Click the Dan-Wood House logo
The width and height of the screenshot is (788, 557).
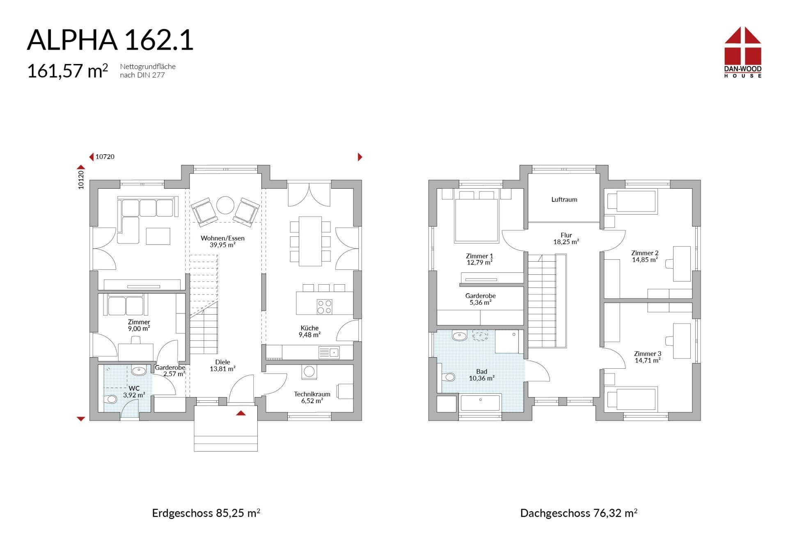(x=742, y=52)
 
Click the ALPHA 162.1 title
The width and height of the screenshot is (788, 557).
(x=110, y=40)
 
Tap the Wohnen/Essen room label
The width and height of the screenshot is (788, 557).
(x=222, y=238)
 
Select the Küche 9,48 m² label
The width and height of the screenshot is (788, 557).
(x=309, y=331)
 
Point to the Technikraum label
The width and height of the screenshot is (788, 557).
(x=312, y=394)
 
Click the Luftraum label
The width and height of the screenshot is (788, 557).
(x=564, y=199)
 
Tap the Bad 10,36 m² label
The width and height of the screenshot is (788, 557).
(x=481, y=375)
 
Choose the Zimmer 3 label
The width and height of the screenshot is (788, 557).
(x=648, y=354)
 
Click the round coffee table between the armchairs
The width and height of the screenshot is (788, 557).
(x=225, y=205)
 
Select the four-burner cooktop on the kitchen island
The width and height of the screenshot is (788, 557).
(x=324, y=307)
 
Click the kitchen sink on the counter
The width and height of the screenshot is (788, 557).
(x=329, y=352)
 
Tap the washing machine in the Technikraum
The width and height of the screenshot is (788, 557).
(x=309, y=372)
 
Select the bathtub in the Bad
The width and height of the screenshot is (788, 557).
(x=480, y=402)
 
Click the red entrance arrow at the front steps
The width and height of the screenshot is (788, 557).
(x=241, y=413)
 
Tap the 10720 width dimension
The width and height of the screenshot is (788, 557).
(x=105, y=157)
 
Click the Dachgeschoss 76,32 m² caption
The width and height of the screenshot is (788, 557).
(x=579, y=513)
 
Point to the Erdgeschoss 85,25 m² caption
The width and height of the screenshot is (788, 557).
(x=206, y=513)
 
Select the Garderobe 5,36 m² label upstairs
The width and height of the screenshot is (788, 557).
(x=480, y=299)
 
